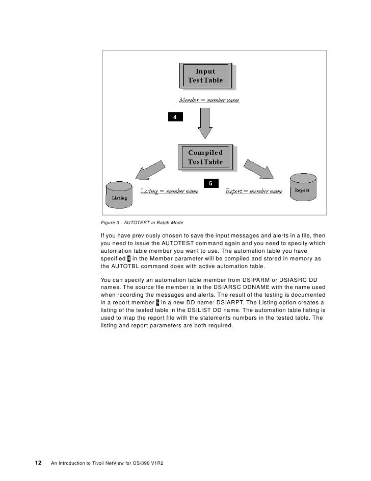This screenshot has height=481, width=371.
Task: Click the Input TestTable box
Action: click(205, 76)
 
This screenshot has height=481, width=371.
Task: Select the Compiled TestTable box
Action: click(205, 157)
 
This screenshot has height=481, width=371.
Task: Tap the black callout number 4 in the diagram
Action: click(175, 117)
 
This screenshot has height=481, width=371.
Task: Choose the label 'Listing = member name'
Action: click(169, 191)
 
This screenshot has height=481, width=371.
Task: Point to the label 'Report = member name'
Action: click(254, 191)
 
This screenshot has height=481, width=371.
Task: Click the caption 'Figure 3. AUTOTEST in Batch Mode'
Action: click(142, 223)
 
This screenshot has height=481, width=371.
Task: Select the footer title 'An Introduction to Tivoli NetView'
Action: click(111, 464)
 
